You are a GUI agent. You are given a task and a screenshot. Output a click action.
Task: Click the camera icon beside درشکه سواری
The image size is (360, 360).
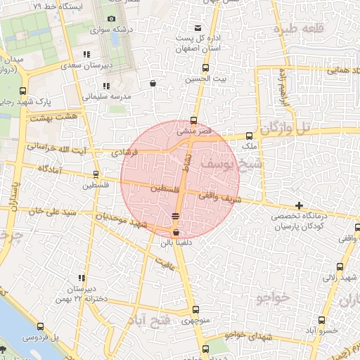point(112,19)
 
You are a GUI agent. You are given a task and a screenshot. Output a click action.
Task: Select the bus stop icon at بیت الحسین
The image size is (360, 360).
point(205,68)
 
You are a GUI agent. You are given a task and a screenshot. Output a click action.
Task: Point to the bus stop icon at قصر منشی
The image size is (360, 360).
point(194,120)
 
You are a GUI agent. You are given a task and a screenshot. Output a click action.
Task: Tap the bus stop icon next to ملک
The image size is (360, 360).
point(249,136)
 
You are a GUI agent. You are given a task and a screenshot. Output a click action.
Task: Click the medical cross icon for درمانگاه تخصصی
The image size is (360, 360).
point(300,206)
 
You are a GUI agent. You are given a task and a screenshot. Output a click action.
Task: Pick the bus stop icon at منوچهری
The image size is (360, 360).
point(195,310)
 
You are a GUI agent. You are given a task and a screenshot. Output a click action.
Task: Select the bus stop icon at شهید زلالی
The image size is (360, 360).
point(340,266)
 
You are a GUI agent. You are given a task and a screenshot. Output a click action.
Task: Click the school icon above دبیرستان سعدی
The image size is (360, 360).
point(86,54)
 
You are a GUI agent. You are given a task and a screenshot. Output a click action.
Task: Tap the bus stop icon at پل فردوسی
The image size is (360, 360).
point(40,326)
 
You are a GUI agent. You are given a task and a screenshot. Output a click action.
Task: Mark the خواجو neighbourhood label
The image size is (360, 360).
point(274,298)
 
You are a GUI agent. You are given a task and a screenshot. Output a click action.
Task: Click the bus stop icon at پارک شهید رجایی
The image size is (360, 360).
point(23,91)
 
